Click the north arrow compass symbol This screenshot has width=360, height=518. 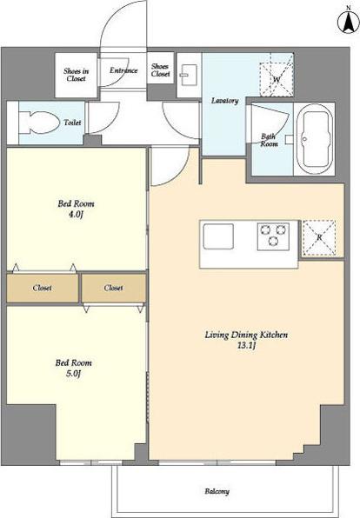348,22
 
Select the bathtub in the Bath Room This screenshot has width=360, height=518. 314,139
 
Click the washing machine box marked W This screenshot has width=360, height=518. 276,75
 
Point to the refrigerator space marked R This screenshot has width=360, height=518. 319,238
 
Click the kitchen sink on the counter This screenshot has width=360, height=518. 218,236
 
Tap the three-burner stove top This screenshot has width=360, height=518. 273,236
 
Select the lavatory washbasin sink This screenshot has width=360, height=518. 189,75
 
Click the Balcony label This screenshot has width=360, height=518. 217,491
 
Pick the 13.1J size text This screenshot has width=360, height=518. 247,346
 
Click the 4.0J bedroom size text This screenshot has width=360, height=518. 76,215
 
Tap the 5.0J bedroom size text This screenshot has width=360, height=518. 73,374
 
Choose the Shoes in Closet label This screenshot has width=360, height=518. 76,75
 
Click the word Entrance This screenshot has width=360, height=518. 123,70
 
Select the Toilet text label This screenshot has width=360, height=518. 72,123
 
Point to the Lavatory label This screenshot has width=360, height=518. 225,101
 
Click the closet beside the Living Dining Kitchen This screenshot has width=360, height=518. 113,288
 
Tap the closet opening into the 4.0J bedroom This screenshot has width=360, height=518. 43,288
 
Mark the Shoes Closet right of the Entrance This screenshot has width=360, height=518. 160,70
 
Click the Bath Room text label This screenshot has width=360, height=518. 269,140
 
